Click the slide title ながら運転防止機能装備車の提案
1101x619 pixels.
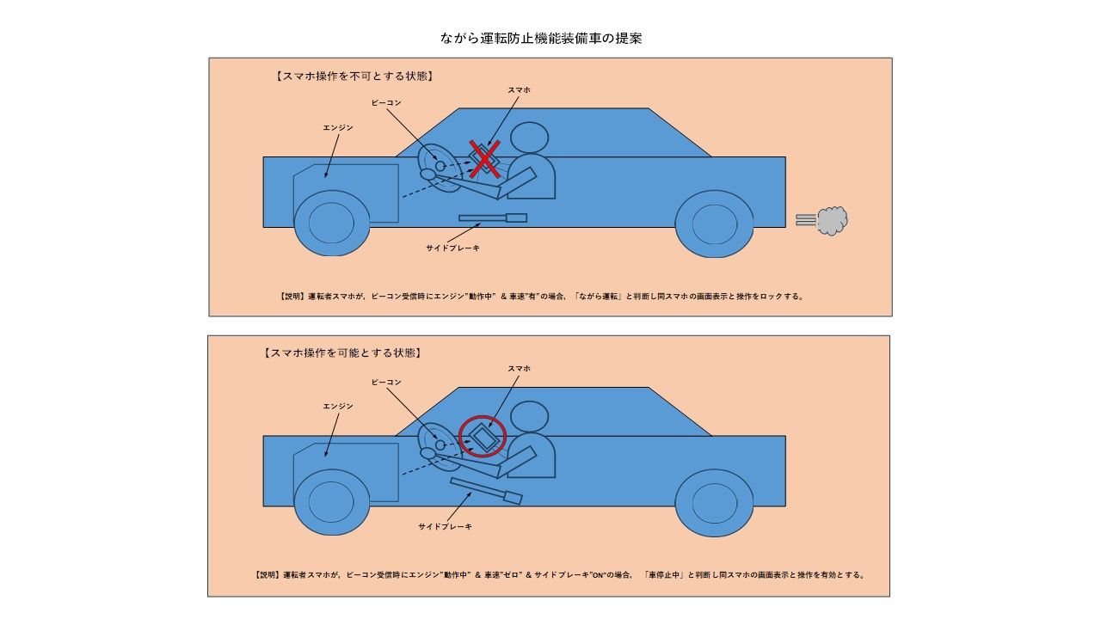pos(540,39)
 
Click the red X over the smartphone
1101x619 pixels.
pos(485,159)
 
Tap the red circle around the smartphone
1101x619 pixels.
pos(483,436)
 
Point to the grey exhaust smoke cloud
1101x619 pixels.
pos(831,221)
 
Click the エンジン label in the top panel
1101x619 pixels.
pos(338,127)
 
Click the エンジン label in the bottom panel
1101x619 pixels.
pos(338,406)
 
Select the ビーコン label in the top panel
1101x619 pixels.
pos(386,102)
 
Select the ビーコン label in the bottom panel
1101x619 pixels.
pos(386,381)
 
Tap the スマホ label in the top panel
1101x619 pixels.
pos(519,89)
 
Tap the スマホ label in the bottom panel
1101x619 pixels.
pos(519,368)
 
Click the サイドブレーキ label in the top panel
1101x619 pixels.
pos(452,248)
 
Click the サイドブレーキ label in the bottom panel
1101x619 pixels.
pos(445,526)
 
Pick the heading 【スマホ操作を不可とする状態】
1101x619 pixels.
pos(354,76)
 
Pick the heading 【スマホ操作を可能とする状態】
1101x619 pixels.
pos(342,353)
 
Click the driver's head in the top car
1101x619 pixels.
pos(529,139)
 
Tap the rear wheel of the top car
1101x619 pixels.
pos(714,224)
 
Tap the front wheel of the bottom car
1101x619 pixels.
pos(332,502)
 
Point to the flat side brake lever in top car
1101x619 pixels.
pos(492,218)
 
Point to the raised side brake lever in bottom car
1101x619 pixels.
pos(486,491)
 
